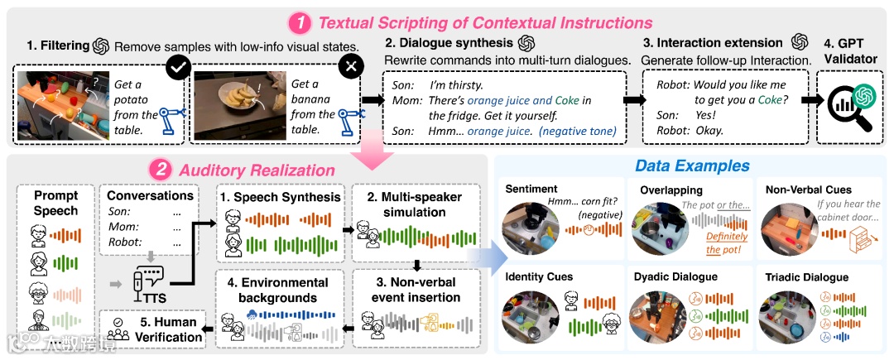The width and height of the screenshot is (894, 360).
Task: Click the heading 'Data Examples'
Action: click(x=692, y=166)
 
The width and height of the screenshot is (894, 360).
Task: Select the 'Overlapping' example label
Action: click(x=671, y=190)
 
